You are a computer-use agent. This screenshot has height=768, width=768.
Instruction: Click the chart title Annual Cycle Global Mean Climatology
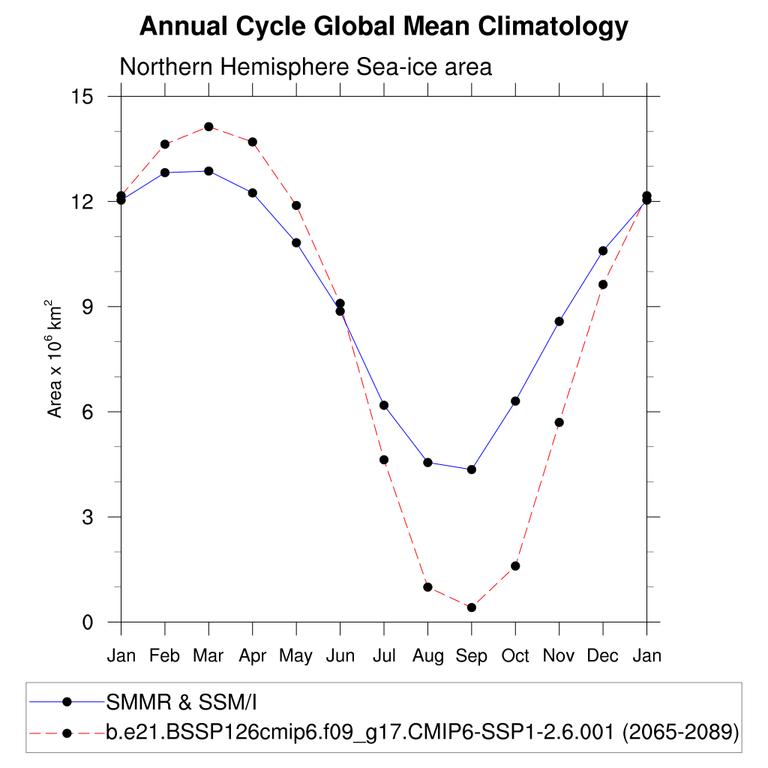point(383,27)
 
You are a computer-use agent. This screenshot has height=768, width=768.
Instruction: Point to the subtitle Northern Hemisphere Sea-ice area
point(305,67)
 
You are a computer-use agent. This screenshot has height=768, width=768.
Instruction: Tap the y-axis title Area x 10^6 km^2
point(55,358)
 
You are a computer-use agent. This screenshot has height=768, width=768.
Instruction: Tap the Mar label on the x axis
point(208,656)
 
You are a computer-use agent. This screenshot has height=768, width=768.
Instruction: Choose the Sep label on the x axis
point(471,656)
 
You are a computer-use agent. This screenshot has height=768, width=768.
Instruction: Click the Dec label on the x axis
point(602,656)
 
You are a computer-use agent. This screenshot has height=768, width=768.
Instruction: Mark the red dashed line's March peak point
point(208,127)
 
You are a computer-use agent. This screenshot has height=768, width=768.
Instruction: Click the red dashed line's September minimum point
point(471,607)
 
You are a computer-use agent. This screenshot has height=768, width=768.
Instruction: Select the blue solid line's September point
point(471,469)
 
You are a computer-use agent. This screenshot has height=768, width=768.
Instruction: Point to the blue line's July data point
point(384,405)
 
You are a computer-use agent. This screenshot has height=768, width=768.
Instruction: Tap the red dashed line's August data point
point(427,587)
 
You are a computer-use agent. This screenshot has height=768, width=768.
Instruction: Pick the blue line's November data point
point(559,321)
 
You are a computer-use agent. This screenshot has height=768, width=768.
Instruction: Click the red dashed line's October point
point(515,565)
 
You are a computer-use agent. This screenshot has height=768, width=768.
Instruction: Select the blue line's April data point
point(253,193)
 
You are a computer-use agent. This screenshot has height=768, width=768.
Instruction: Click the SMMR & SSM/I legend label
point(182,702)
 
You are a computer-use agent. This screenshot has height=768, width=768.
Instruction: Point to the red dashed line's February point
point(165,144)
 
